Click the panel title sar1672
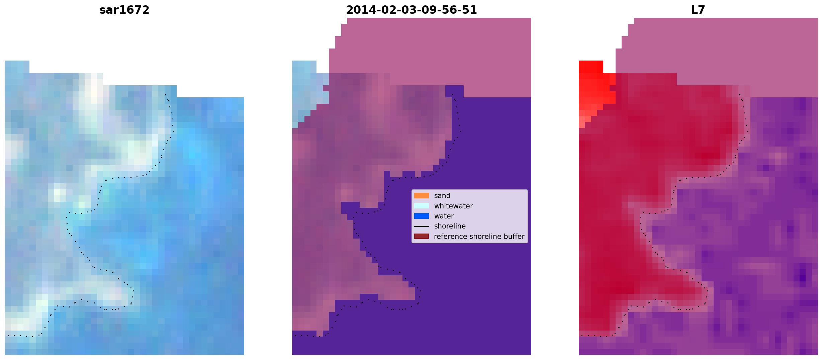(124, 10)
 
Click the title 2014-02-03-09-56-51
(411, 10)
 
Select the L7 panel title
(698, 10)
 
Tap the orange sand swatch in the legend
(422, 196)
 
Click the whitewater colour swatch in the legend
(422, 206)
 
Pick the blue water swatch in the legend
(422, 216)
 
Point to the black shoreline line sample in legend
(422, 226)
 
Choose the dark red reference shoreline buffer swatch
(422, 236)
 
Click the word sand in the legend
(442, 196)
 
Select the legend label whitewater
(453, 206)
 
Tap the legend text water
(444, 216)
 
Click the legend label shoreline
(450, 226)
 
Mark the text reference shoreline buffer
(479, 237)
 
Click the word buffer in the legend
(514, 237)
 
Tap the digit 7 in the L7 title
(702, 10)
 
